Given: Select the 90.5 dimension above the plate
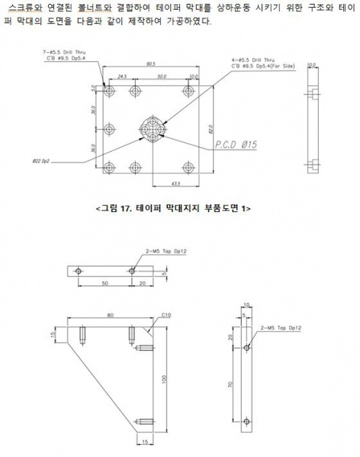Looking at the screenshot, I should click(151, 65).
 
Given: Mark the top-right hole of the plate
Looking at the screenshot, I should click(188, 92).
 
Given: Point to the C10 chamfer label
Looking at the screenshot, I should click(166, 312).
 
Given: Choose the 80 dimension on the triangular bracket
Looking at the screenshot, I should click(111, 314).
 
